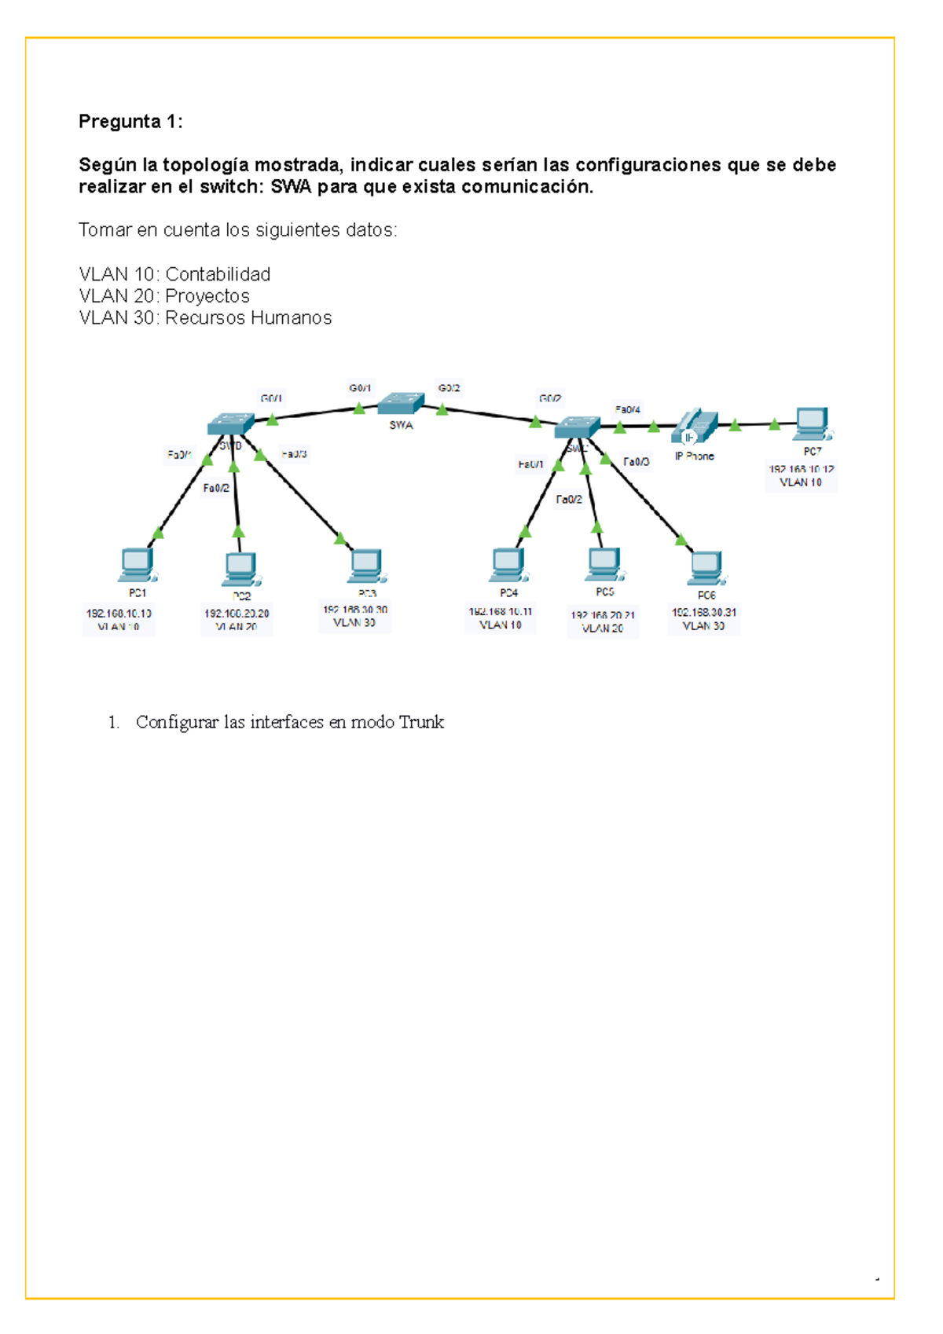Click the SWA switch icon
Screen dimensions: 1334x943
coord(401,404)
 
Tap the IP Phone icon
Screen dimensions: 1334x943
coord(694,427)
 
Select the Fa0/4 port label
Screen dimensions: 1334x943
coord(627,409)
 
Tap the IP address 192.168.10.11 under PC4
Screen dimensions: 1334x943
coord(500,611)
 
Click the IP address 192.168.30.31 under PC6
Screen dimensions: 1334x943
coord(703,612)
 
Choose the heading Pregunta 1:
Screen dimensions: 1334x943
coord(130,121)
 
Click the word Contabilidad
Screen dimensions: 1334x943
coord(218,274)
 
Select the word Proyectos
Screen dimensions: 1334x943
coord(207,296)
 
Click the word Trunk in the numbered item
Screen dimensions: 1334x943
coord(421,722)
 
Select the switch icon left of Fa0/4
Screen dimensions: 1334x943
coord(578,427)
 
